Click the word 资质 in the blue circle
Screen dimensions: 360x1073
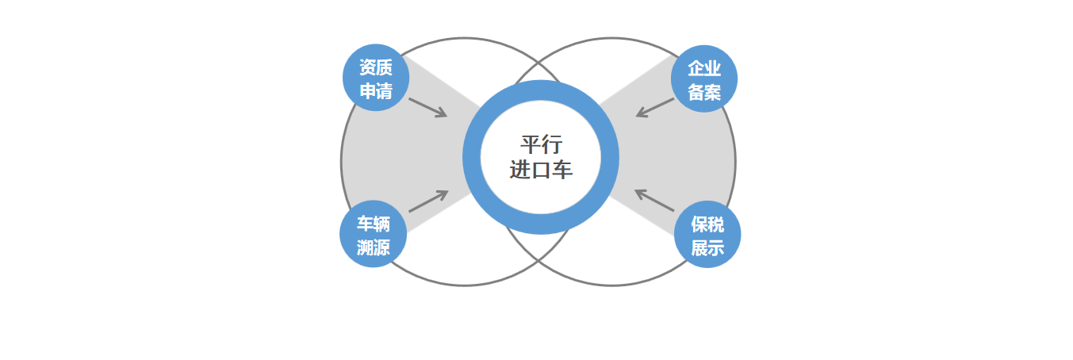pos(376,67)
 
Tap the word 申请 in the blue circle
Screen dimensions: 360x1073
pos(376,91)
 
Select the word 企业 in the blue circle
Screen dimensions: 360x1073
pos(704,68)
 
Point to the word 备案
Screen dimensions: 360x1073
pos(704,92)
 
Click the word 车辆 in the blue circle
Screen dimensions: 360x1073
pos(374,224)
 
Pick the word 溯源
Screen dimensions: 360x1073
pos(374,247)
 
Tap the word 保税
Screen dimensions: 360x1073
pos(707,224)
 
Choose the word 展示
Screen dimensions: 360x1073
pos(707,248)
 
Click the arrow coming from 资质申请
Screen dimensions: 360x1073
pos(428,108)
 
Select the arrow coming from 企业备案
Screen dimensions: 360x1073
pos(655,108)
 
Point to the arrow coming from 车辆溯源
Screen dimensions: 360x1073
pos(428,201)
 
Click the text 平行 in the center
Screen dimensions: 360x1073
pos(541,144)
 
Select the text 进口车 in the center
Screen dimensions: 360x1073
pos(541,170)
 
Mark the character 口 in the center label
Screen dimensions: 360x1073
pos(541,170)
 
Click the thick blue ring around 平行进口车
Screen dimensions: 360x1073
pos(471,157)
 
